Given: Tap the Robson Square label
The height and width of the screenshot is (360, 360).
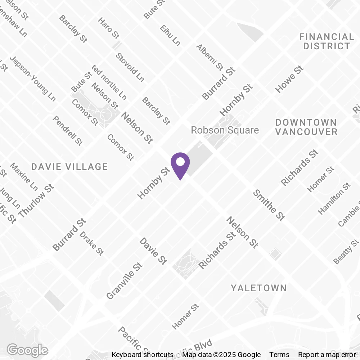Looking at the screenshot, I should [225, 130].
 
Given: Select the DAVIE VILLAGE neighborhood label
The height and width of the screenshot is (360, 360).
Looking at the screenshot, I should [69, 167].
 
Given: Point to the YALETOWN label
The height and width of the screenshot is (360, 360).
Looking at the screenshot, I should [259, 288].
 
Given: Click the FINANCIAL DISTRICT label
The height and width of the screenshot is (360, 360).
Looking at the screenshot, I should [327, 41].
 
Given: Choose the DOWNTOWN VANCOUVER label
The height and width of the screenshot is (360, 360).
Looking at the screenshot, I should [306, 127].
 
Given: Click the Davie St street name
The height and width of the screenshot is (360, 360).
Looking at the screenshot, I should [153, 251].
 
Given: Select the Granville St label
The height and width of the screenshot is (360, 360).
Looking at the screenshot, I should [125, 281].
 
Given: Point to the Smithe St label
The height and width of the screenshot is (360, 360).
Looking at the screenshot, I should [269, 205].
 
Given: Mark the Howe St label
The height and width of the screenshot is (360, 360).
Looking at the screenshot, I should [289, 79].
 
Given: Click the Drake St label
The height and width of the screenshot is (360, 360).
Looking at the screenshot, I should [91, 243].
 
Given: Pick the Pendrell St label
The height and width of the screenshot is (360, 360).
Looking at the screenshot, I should [68, 130].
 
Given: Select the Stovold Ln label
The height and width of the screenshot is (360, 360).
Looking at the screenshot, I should [130, 67].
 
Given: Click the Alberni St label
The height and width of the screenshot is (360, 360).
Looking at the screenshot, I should [210, 57].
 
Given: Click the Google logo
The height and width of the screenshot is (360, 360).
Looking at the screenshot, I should [27, 350].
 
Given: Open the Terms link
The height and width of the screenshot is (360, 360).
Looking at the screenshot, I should [279, 355].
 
